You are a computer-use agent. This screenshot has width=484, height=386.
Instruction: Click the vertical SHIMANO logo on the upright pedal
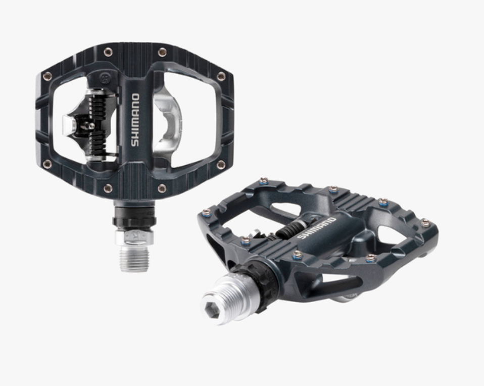tap(135, 120)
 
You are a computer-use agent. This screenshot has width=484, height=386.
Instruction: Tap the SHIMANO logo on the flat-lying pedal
tap(316, 228)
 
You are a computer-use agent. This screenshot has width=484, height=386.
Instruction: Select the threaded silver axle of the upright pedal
tap(134, 258)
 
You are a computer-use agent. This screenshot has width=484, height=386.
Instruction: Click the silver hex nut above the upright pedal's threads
tap(134, 236)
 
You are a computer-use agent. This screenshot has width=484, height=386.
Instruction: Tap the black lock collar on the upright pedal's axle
tap(134, 220)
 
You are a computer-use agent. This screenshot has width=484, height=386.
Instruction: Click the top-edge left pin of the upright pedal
tap(108, 52)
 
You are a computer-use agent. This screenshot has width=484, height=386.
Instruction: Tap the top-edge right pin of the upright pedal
tap(162, 52)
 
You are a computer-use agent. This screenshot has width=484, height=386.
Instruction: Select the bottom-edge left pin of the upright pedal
tap(108, 188)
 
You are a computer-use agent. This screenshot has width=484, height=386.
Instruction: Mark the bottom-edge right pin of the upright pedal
tap(162, 188)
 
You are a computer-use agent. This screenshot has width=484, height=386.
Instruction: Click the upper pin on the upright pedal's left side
tap(47, 76)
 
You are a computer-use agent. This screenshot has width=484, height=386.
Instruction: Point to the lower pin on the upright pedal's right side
tap(221, 164)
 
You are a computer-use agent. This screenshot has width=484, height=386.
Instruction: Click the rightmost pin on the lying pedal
tap(425, 222)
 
